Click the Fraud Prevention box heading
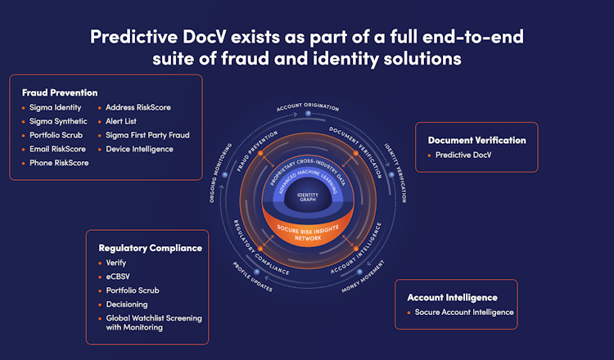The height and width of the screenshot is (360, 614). [x=60, y=92]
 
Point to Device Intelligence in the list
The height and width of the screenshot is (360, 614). [x=140, y=149]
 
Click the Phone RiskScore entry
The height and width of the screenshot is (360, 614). [x=59, y=163]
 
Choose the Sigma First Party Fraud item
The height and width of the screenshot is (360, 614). [x=148, y=135]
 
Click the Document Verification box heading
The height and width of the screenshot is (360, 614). [x=476, y=140]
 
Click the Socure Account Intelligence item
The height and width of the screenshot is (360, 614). [x=463, y=312]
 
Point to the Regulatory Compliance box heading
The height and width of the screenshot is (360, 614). [x=150, y=248]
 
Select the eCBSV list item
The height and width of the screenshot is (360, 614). [x=118, y=277]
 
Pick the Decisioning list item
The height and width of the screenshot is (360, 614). [x=127, y=304]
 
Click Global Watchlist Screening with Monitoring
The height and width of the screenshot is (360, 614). [x=153, y=322]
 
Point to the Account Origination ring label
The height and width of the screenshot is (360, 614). [x=307, y=108]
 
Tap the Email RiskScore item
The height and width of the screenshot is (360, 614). [x=59, y=149]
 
